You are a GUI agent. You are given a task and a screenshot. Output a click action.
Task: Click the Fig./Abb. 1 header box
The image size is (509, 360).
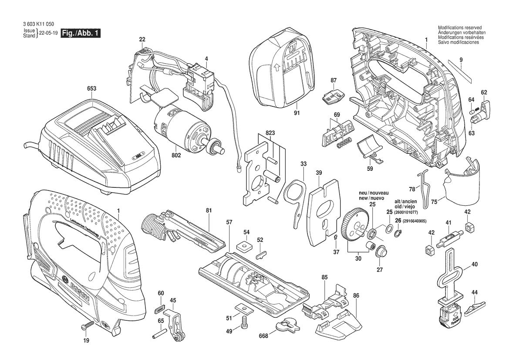click(80, 33)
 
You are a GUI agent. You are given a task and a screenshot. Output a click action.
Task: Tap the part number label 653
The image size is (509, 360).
click(91, 88)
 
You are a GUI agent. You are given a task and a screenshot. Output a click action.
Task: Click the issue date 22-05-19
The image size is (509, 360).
click(47, 33)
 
